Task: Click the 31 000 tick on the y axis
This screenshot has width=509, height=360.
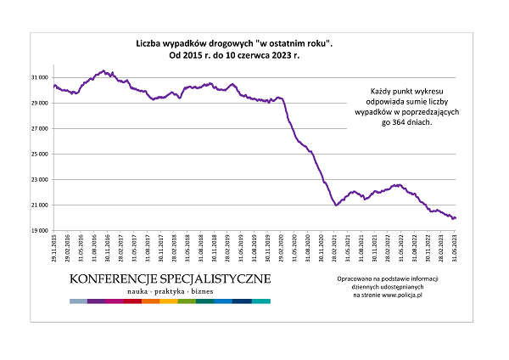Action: (39, 77)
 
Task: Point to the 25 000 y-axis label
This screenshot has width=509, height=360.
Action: (39, 154)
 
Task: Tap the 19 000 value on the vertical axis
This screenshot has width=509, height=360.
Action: (39, 230)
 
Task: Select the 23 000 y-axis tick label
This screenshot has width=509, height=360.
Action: (39, 179)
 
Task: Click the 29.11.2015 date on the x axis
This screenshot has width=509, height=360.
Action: (54, 250)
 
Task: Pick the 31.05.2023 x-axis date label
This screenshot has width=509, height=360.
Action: (456, 250)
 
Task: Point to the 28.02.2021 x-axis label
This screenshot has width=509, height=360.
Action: (335, 250)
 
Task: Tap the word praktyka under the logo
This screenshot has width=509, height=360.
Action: (170, 291)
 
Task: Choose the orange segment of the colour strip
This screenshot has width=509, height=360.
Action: (151, 301)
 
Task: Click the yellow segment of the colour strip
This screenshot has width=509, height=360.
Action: (169, 301)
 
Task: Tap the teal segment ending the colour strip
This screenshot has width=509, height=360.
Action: (261, 301)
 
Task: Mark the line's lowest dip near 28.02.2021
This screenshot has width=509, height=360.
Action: (337, 205)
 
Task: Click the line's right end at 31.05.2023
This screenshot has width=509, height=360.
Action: (456, 218)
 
